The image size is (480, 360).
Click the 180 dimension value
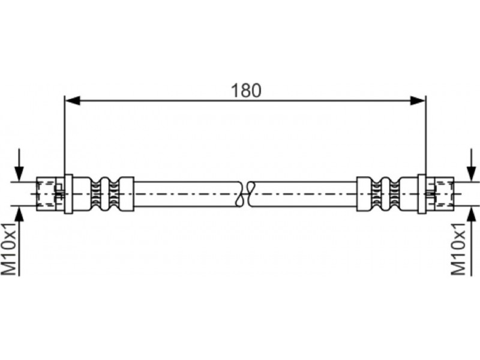246,91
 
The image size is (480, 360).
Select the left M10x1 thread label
9,249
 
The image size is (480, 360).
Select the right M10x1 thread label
458,249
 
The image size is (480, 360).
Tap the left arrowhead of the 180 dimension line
73,100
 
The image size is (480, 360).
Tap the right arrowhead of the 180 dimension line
418,100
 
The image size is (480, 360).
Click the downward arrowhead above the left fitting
19,174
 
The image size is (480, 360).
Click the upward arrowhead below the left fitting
19,214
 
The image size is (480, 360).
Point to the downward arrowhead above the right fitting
470,174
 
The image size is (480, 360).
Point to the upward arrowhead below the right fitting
470,214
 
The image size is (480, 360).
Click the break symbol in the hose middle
245,194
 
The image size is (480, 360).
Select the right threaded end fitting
440,194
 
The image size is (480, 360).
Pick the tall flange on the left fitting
68,194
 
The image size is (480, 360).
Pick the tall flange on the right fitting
422,194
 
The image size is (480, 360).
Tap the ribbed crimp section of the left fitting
105,194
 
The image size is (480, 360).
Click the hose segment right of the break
303,194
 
